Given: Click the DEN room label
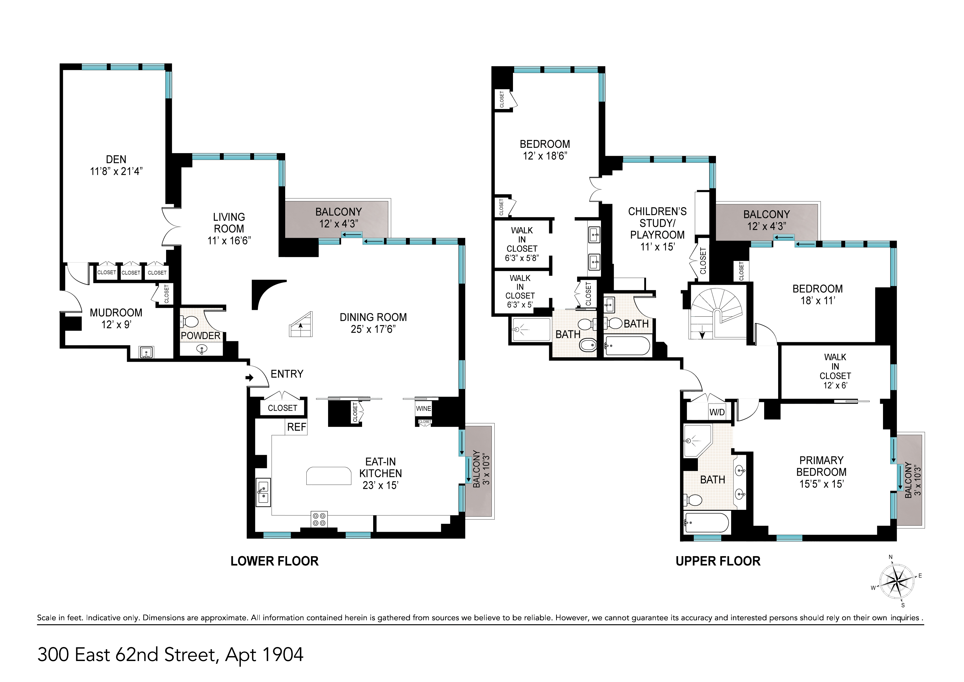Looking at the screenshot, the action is [116, 160].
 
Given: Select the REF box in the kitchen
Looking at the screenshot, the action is [297, 427].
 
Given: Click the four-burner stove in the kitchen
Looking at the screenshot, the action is [319, 519].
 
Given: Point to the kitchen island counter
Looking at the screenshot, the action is [329, 476].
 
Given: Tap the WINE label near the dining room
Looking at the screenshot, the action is [423, 409].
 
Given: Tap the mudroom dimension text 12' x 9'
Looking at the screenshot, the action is [116, 325].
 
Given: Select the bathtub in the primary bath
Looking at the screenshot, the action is [707, 523].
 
